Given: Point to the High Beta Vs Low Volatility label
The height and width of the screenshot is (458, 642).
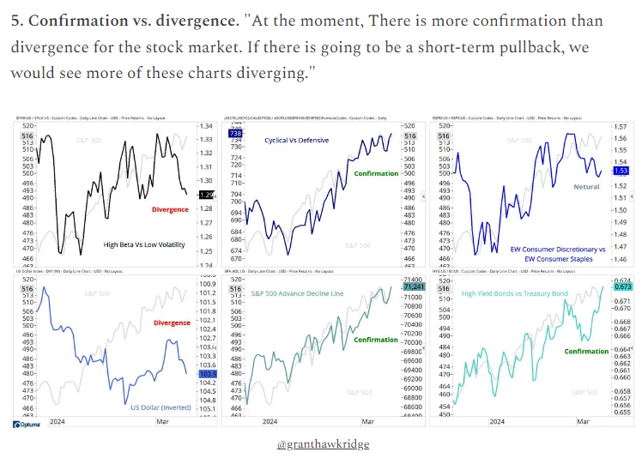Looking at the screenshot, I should pos(144,244).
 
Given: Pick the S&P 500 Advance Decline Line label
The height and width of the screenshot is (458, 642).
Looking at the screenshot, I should pos(296,293).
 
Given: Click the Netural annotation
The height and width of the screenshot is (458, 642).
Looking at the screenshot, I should pos(587,185).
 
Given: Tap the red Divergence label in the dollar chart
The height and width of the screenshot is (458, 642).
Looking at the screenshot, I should pos(173,323).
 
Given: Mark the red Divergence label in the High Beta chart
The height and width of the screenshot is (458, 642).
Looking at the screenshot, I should pos(169,209).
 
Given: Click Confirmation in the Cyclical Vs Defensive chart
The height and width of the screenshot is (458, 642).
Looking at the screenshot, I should pos(376,173).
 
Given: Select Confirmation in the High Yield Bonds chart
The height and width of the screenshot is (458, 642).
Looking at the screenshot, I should pos(586,352).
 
